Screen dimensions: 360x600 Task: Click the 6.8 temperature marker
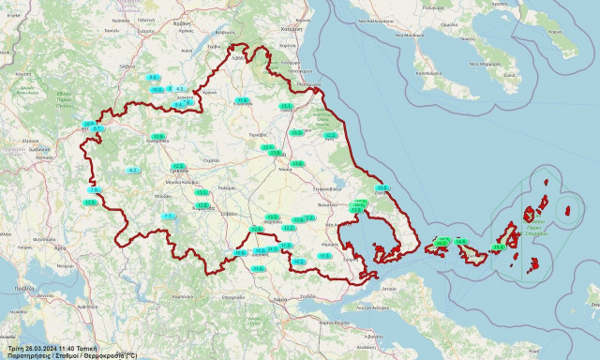click(154, 77)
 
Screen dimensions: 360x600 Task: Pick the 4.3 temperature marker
click(179, 88)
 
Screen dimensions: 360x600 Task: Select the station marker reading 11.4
click(242, 99)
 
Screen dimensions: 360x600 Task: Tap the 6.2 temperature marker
click(133, 170)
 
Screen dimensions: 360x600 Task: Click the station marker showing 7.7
click(169, 216)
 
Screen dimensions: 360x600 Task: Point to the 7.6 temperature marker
click(94, 190)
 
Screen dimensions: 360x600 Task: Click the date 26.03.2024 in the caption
click(41, 347)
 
